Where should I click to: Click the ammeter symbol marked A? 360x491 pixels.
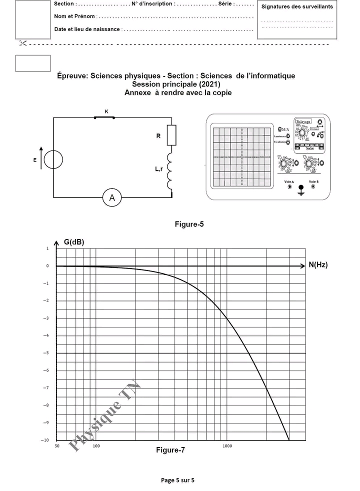click(112, 198)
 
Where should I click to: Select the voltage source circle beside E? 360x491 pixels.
click(53, 160)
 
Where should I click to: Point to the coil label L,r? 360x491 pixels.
click(158, 170)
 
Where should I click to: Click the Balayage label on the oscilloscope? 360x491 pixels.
click(303, 121)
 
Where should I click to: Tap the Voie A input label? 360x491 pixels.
click(288, 181)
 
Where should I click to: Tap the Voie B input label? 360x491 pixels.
click(314, 181)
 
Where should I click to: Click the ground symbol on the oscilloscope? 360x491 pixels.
click(301, 190)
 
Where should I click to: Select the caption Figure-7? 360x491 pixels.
click(170, 450)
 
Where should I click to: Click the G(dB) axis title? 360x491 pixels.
click(74, 242)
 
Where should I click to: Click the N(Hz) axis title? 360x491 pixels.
click(318, 265)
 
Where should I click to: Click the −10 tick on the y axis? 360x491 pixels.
click(45, 440)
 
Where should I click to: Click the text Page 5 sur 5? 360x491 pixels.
click(177, 480)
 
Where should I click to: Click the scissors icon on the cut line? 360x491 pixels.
click(22, 43)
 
